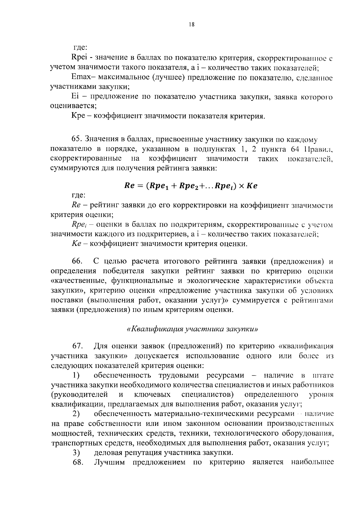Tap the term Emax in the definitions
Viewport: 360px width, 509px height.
click(x=80, y=77)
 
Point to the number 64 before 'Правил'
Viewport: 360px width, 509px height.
click(x=296, y=149)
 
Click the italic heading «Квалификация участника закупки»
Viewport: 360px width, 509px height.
click(x=192, y=328)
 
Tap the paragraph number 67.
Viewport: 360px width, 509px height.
click(x=77, y=346)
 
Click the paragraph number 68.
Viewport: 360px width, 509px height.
click(x=77, y=462)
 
